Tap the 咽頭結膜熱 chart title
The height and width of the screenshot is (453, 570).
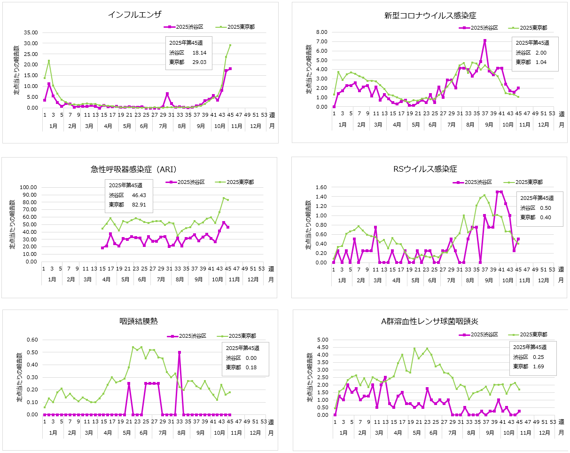(x=138, y=321)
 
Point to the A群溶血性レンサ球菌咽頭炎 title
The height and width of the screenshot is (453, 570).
(x=430, y=322)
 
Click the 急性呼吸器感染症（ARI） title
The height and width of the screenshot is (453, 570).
(x=134, y=169)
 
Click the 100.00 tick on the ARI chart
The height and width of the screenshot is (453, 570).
(x=28, y=187)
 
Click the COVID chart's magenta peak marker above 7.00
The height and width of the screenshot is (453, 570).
(x=484, y=40)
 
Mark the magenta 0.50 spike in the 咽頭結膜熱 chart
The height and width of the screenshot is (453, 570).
(x=180, y=352)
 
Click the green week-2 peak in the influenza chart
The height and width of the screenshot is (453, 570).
(x=49, y=61)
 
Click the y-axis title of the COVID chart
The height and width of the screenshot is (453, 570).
(x=309, y=69)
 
